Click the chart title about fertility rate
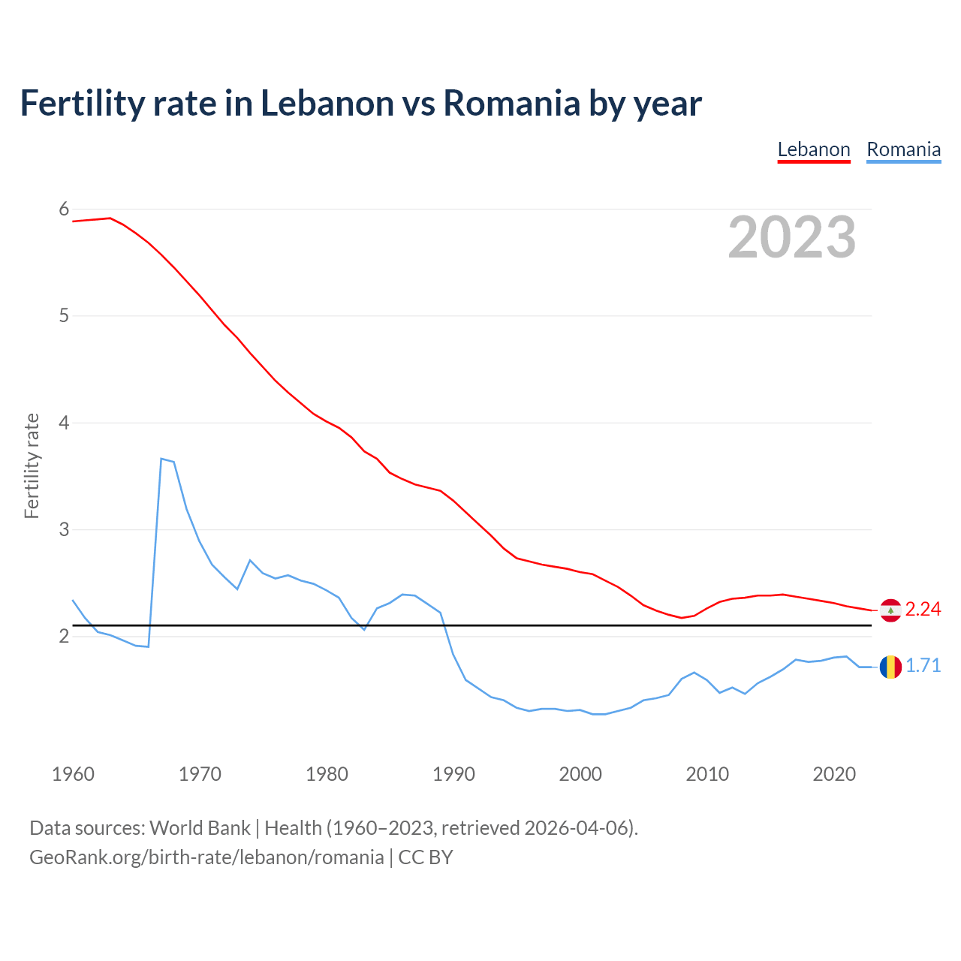click(x=360, y=103)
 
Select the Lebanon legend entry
click(x=814, y=149)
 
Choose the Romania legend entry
click(x=903, y=149)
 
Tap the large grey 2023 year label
click(x=791, y=237)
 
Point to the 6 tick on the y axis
click(x=64, y=209)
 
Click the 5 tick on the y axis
click(x=64, y=315)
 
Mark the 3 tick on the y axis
click(x=64, y=529)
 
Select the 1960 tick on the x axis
click(x=73, y=774)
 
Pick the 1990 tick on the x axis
click(x=453, y=774)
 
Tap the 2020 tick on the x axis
click(x=834, y=774)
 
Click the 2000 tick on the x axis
click(x=580, y=774)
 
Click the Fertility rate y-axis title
click(x=32, y=465)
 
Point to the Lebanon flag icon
click(x=890, y=610)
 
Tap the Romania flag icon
click(x=890, y=667)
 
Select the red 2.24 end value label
click(x=923, y=610)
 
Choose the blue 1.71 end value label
click(x=923, y=666)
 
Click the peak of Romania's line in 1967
click(x=161, y=458)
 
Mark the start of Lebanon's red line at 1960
click(x=73, y=221)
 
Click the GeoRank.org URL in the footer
click(x=206, y=857)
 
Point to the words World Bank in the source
click(x=200, y=828)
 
